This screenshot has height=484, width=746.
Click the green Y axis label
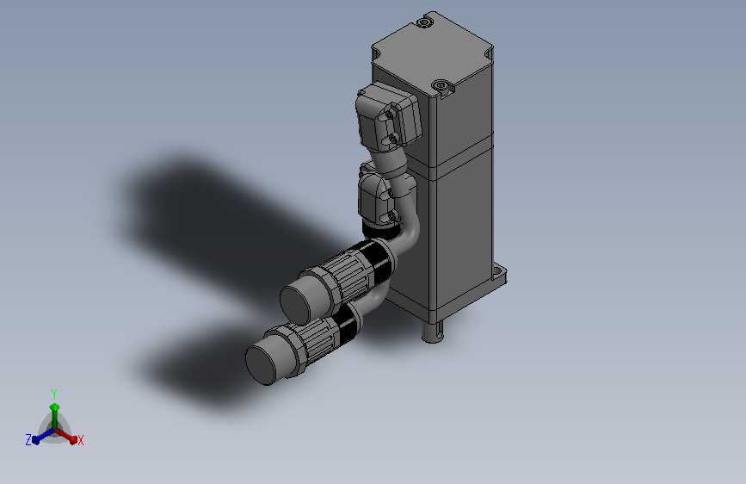tap(54, 394)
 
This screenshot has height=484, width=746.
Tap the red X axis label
tap(80, 441)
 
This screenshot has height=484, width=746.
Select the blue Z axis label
tap(28, 440)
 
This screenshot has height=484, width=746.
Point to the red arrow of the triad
tap(66, 436)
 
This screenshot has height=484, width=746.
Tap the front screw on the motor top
tap(441, 86)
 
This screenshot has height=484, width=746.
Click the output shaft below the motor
tap(433, 331)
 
